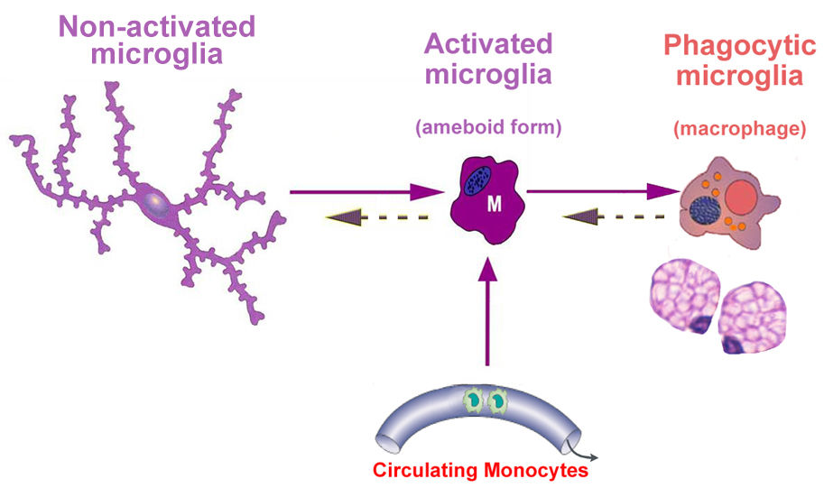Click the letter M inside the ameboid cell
494,205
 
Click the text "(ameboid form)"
488,127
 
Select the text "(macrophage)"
739,130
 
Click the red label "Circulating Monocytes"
481,470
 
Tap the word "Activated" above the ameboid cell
488,43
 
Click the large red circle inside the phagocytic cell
744,197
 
